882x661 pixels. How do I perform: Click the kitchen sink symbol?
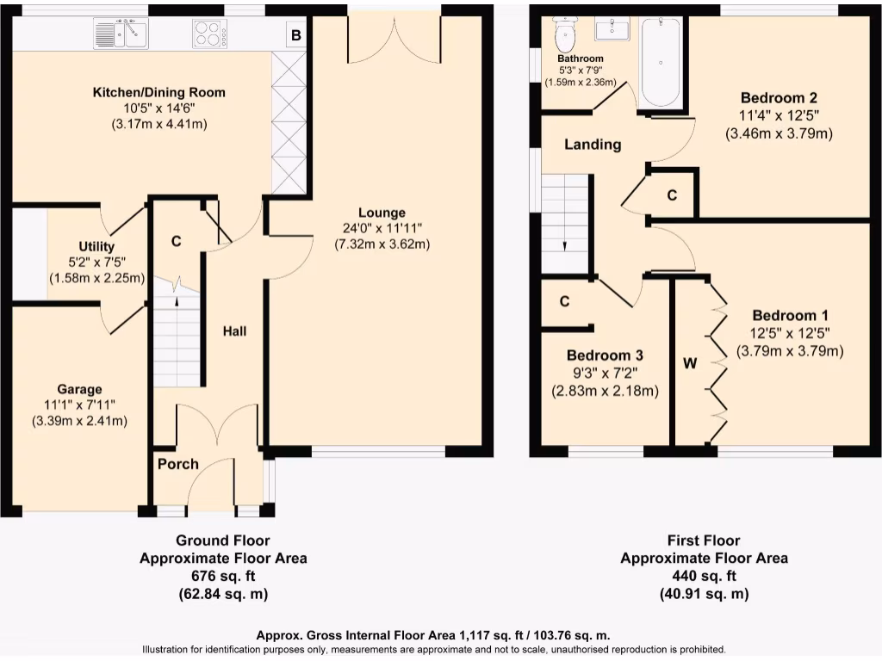coord(121,35)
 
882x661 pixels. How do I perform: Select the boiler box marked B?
coord(295,35)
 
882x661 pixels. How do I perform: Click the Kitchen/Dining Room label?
coord(159,92)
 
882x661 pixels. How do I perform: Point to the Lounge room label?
coord(382,213)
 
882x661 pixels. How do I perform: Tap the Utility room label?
coord(96,247)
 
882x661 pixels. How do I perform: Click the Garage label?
coord(79,389)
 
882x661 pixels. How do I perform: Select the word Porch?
coord(177,464)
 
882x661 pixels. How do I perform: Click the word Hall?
coord(234,330)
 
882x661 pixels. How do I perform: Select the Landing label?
coord(593,144)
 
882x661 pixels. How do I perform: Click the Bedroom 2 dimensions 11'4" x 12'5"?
coord(779,116)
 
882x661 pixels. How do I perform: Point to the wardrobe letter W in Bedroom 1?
coord(689,363)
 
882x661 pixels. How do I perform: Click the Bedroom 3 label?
coord(605,355)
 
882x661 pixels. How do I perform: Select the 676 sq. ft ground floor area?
coord(223,576)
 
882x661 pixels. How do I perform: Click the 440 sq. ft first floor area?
coord(704,576)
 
